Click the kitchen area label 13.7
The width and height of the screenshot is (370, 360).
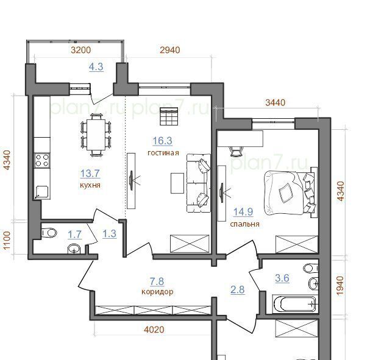[90, 174]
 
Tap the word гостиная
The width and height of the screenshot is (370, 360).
[163, 153]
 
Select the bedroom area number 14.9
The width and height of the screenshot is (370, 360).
[243, 212]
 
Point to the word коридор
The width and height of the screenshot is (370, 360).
[157, 292]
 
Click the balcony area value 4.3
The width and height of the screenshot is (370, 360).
[96, 67]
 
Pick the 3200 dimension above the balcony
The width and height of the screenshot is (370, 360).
[81, 50]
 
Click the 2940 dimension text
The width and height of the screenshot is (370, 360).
[170, 50]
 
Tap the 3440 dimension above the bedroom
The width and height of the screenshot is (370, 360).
[275, 102]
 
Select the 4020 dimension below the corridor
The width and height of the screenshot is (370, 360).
[154, 330]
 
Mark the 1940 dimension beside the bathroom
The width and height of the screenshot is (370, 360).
[340, 286]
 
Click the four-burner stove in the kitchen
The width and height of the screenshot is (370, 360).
[42, 160]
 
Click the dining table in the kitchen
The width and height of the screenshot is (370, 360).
[96, 135]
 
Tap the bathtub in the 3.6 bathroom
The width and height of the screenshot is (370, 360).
[295, 304]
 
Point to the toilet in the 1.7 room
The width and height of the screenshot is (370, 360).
[49, 233]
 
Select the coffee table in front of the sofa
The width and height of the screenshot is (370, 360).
[177, 183]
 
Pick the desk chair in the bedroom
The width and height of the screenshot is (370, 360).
[237, 151]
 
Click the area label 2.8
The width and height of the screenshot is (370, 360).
[237, 290]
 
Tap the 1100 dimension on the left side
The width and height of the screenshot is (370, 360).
[7, 241]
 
